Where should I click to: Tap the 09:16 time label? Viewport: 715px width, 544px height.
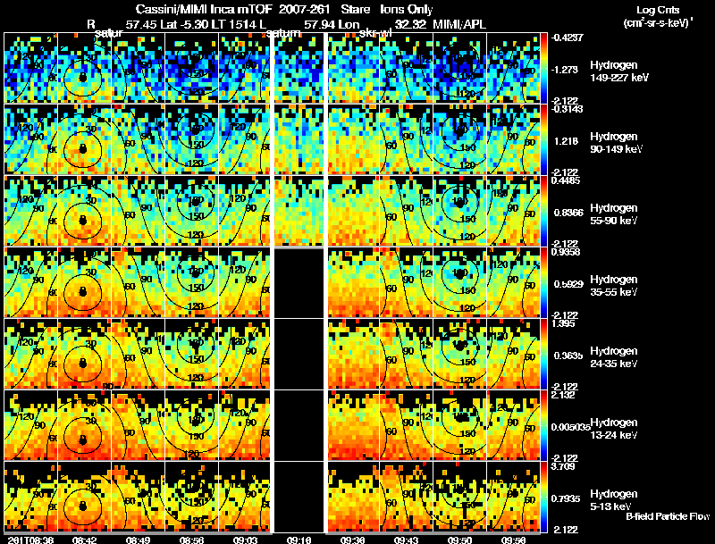tap(299, 539)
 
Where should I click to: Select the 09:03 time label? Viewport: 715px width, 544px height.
tap(246, 539)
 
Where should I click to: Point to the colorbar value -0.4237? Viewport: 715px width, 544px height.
tap(567, 38)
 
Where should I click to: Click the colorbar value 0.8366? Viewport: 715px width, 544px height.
tap(567, 212)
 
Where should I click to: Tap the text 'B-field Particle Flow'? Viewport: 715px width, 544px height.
tap(668, 516)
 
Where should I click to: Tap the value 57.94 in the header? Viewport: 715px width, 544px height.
tap(319, 24)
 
